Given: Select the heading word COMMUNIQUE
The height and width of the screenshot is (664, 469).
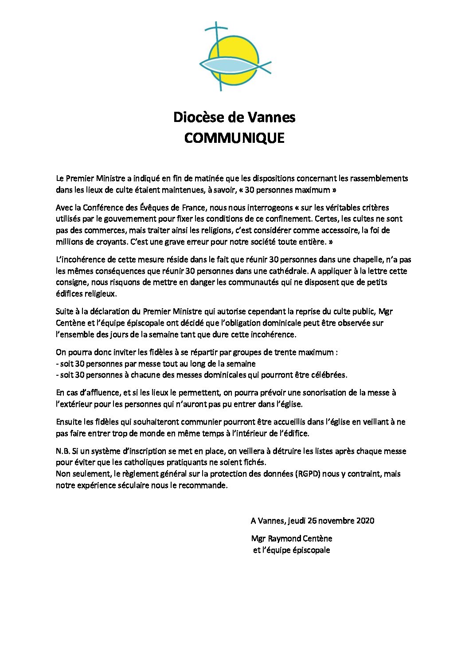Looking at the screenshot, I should click(234, 138).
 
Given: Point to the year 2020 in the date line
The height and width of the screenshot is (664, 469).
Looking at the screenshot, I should click(364, 521).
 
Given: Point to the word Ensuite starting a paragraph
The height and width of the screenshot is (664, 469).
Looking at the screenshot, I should click(68, 422).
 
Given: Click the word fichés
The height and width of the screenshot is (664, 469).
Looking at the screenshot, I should click(256, 462).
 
